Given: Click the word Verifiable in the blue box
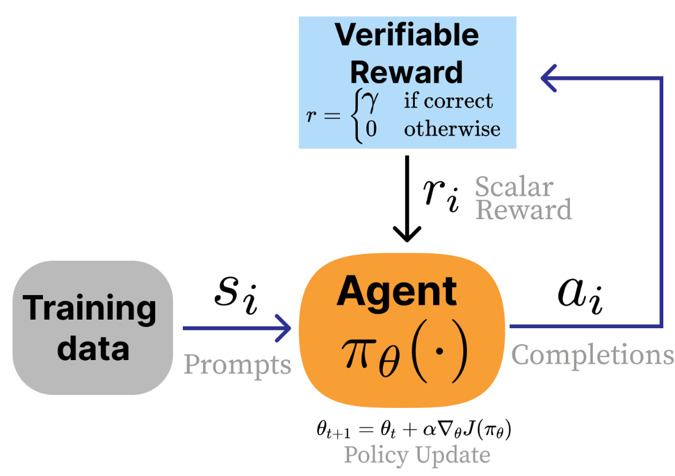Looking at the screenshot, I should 407,35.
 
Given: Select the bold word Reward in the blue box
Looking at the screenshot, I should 406,72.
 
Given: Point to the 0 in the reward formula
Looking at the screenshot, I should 371,129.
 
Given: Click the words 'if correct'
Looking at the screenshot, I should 448,101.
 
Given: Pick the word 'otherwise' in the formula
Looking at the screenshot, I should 452,129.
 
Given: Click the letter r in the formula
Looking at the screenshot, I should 312,115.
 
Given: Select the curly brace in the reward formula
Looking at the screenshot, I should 354,115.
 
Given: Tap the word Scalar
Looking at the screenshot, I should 514,186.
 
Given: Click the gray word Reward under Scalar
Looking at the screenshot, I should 523,210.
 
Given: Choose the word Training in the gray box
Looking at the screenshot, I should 90,309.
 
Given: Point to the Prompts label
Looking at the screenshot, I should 237,364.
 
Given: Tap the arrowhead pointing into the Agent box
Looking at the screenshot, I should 283,328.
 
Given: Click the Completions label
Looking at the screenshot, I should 592,355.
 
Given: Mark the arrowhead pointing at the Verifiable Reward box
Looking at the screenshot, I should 548,78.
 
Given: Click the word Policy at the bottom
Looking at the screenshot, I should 376,455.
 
